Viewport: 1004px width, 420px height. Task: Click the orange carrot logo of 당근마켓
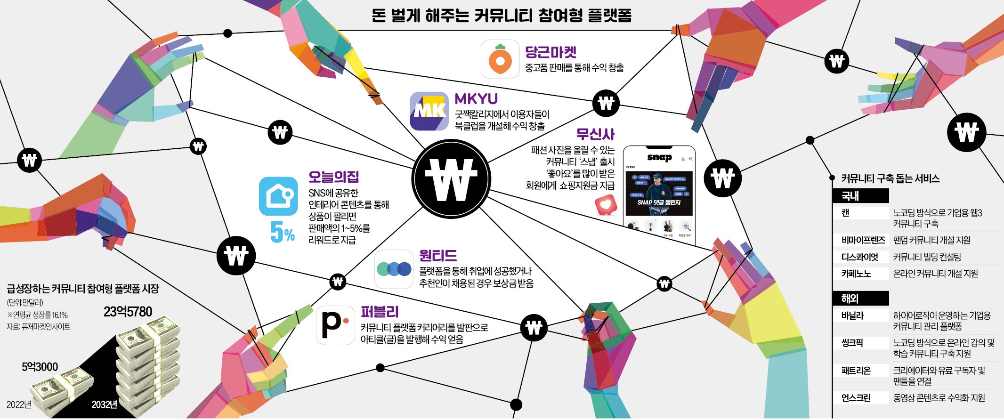pos(500,59)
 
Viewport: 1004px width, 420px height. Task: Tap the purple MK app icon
pos(429,111)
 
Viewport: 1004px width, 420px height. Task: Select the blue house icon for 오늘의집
pos(278,196)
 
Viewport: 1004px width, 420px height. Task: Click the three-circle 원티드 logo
pos(394,269)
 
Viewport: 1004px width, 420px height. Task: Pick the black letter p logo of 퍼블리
pos(335,325)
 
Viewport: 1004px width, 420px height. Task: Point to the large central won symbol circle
pos(451,179)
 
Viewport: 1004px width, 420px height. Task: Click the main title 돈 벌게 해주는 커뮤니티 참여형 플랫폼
pos(501,16)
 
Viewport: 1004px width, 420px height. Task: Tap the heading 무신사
pos(595,134)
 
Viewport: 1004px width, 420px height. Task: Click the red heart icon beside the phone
pos(606,205)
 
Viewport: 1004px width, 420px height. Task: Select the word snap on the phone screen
pos(659,158)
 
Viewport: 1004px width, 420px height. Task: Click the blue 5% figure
pos(282,232)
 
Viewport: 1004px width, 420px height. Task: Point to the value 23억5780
pos(128,312)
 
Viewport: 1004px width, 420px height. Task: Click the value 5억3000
pos(40,367)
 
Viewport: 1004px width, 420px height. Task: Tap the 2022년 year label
pos(19,404)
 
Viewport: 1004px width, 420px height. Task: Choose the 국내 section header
pos(850,196)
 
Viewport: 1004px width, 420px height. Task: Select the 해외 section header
pos(850,299)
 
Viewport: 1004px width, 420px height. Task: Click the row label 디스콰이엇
pos(859,257)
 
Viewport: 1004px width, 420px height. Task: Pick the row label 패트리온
pos(856,371)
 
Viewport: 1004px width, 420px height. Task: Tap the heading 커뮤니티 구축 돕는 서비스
pos(890,178)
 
